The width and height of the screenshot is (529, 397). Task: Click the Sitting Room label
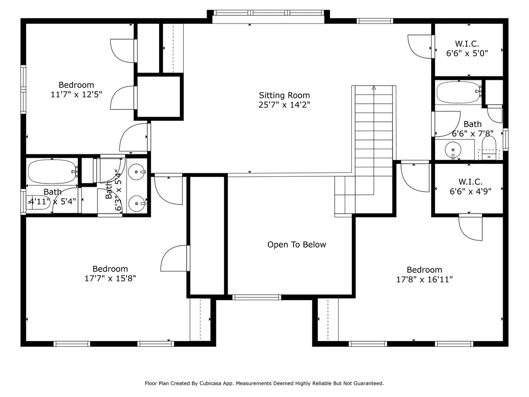tap(284, 96)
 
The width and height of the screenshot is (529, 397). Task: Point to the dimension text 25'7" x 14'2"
tap(284, 105)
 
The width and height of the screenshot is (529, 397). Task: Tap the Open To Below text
tap(296, 245)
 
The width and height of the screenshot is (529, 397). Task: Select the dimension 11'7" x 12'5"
tap(76, 95)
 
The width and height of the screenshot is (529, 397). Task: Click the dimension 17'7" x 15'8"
tap(110, 279)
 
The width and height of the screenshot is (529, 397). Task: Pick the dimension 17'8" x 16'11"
tap(424, 279)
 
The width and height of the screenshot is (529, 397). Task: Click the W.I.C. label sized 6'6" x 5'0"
tap(467, 44)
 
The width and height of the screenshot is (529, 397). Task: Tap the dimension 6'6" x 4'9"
tap(470, 192)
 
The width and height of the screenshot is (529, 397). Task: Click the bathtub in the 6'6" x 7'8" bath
tap(459, 92)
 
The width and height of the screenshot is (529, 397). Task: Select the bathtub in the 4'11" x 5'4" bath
tap(53, 172)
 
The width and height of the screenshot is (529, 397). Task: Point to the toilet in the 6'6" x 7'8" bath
tap(489, 148)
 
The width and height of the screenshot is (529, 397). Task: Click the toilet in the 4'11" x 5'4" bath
tap(38, 203)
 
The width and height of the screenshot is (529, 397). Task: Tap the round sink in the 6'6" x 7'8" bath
tap(453, 150)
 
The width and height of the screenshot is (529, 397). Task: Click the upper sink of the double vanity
tap(137, 172)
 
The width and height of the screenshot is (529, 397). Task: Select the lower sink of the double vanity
tap(137, 204)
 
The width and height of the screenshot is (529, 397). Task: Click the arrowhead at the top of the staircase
tap(374, 88)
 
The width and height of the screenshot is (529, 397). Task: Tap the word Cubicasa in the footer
tap(211, 384)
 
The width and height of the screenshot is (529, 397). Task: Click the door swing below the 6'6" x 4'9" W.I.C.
tap(470, 228)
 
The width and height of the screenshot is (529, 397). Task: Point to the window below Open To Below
tap(257, 298)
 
